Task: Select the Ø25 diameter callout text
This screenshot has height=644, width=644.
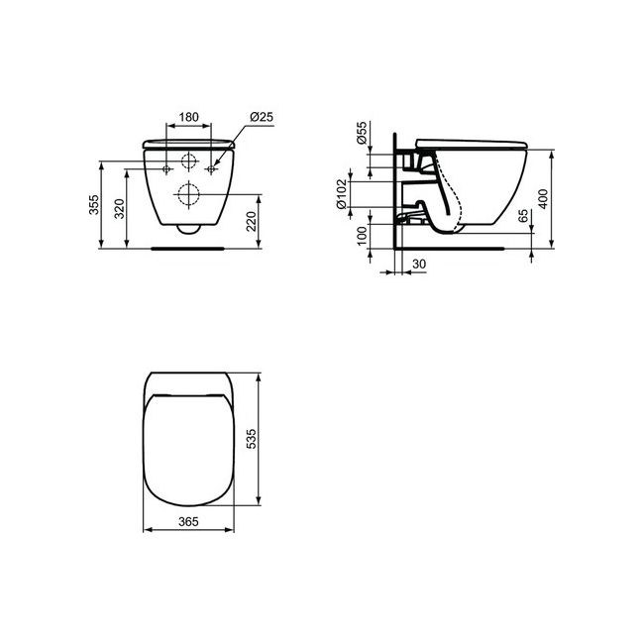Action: tap(262, 117)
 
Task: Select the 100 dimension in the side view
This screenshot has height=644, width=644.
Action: tap(362, 235)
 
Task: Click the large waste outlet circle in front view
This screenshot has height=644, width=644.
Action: tap(187, 195)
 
